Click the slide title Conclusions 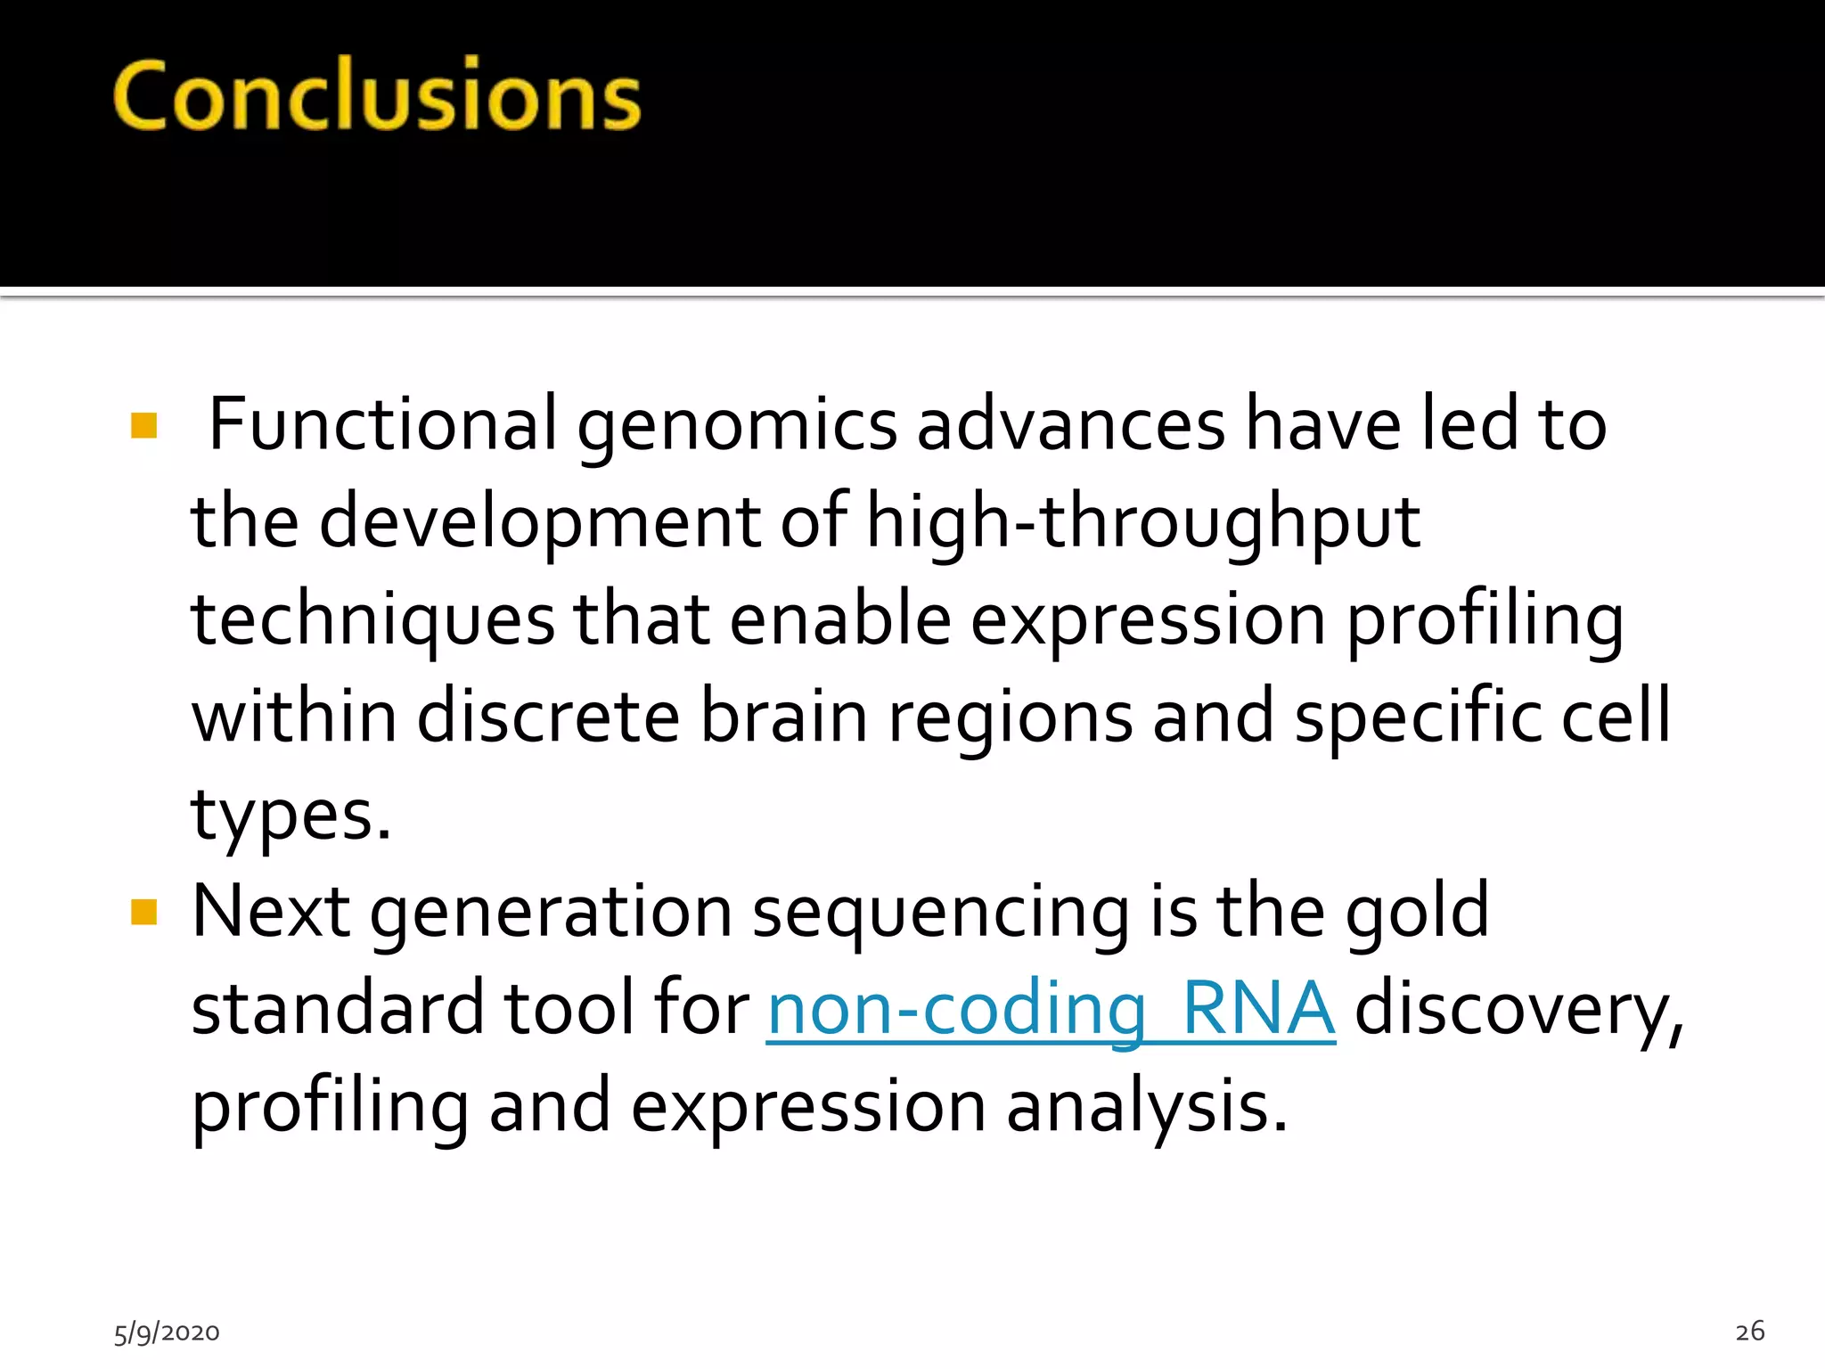tap(377, 95)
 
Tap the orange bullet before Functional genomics tap(143, 425)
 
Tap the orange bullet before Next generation tap(143, 912)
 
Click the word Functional tap(382, 424)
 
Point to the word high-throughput tap(1143, 523)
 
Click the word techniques tap(373, 620)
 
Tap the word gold tap(1417, 911)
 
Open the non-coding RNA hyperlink tap(1051, 1009)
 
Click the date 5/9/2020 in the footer tap(167, 1332)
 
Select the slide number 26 tap(1749, 1331)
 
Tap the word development tap(539, 523)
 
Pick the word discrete tap(548, 716)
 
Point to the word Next tap(271, 912)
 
